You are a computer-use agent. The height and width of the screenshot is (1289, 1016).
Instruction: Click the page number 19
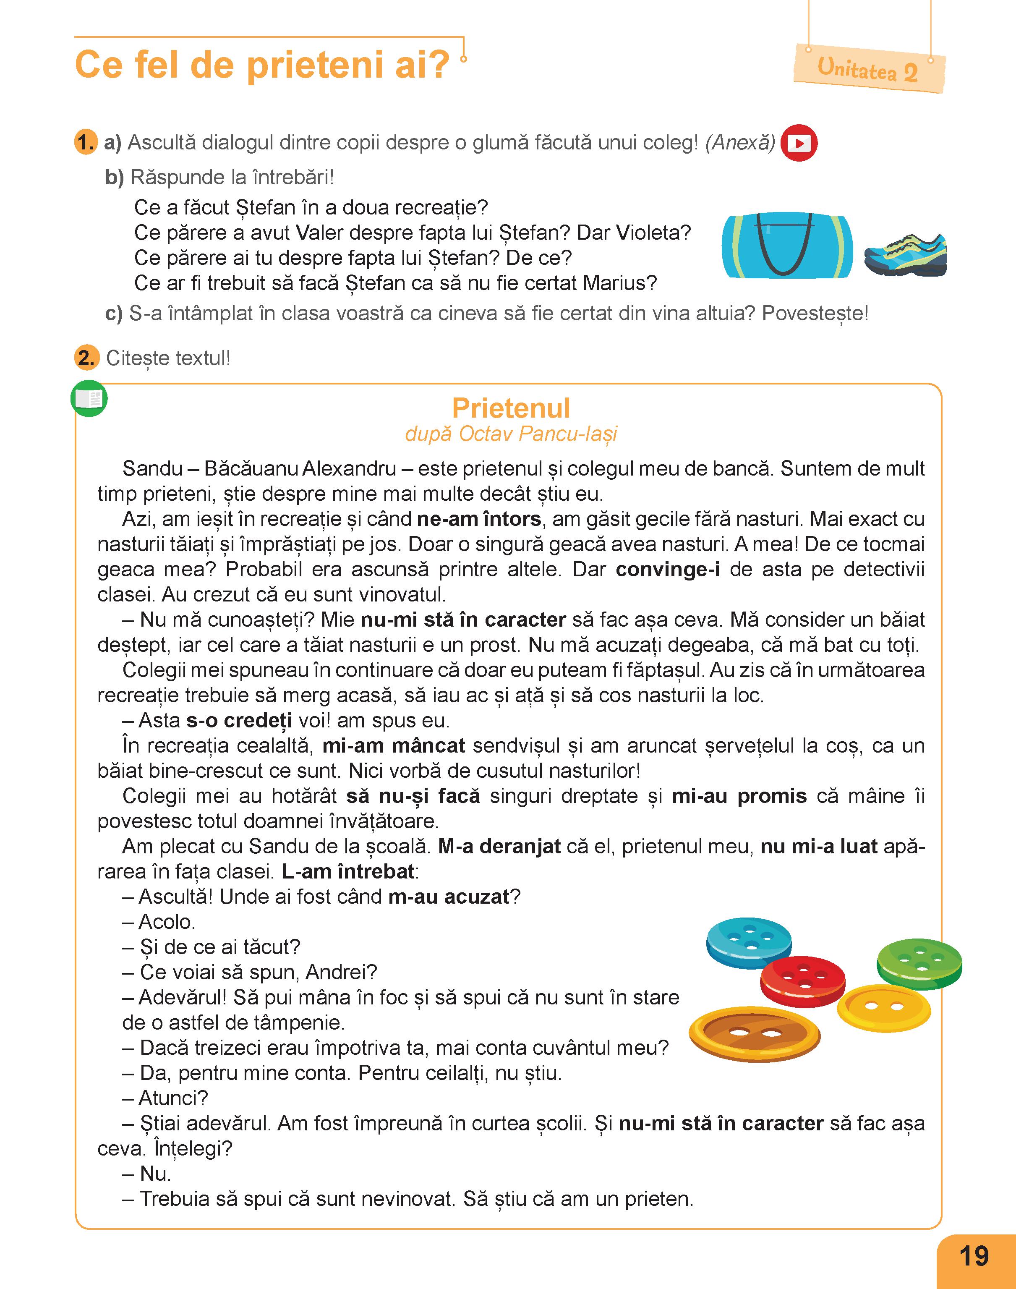[973, 1256]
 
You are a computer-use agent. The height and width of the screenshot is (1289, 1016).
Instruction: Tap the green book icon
[89, 398]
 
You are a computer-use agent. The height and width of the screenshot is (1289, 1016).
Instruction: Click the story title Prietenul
[511, 408]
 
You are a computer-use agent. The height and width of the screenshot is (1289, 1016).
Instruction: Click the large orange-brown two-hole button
[754, 1034]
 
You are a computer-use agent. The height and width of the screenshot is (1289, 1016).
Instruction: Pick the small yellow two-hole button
[883, 1008]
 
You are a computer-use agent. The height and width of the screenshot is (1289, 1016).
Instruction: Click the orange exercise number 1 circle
[86, 143]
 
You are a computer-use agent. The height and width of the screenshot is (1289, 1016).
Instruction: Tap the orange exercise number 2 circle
[86, 358]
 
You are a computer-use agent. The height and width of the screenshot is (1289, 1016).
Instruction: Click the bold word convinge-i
[667, 569]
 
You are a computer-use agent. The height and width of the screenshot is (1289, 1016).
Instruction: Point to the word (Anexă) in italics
[740, 143]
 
